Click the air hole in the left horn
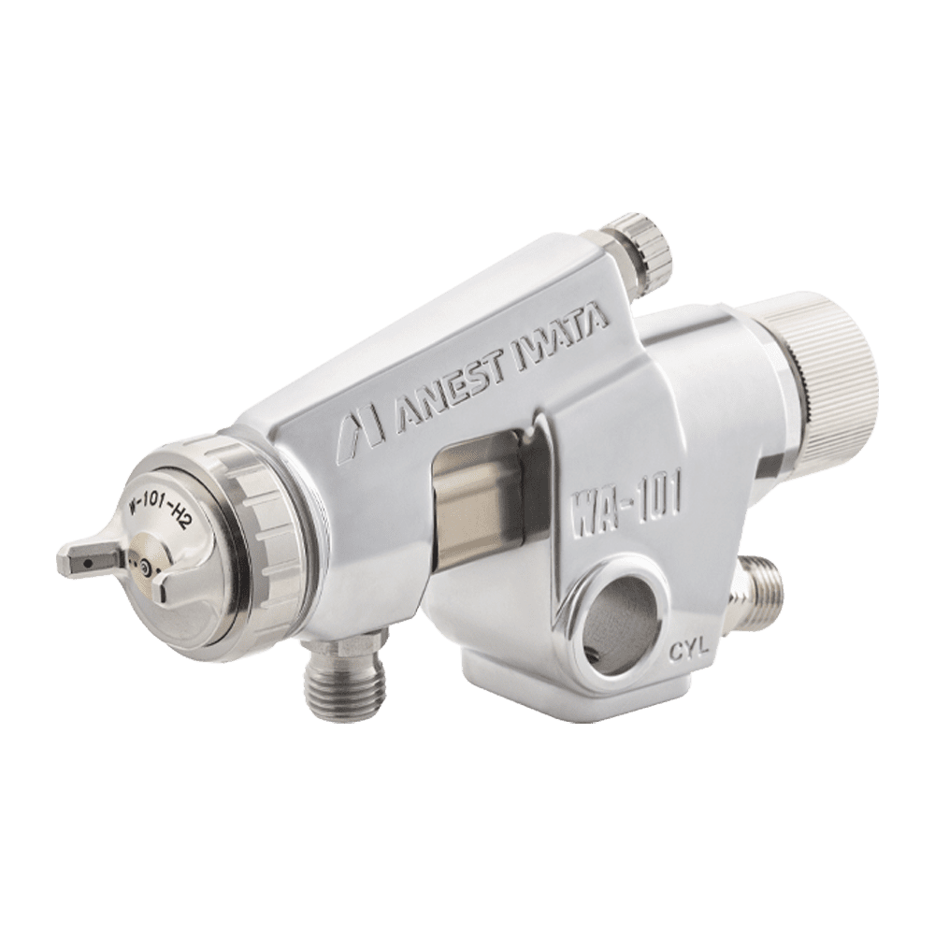tap(89, 562)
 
